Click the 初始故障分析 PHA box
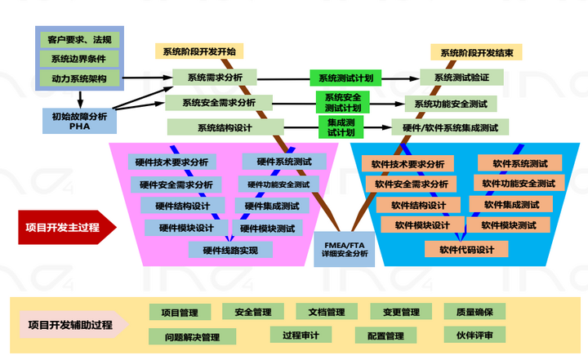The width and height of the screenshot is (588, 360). coord(79,121)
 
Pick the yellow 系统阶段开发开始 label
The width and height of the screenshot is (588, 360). coord(199,51)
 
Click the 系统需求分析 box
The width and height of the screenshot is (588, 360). coord(215,78)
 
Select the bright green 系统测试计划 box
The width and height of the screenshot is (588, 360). coord(345,78)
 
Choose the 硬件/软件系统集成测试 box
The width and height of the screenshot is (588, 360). coord(450,127)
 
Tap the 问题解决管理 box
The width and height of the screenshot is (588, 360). coord(192,336)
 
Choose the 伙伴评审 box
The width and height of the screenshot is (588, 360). coord(474,335)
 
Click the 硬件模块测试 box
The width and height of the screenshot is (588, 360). coord(267,228)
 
